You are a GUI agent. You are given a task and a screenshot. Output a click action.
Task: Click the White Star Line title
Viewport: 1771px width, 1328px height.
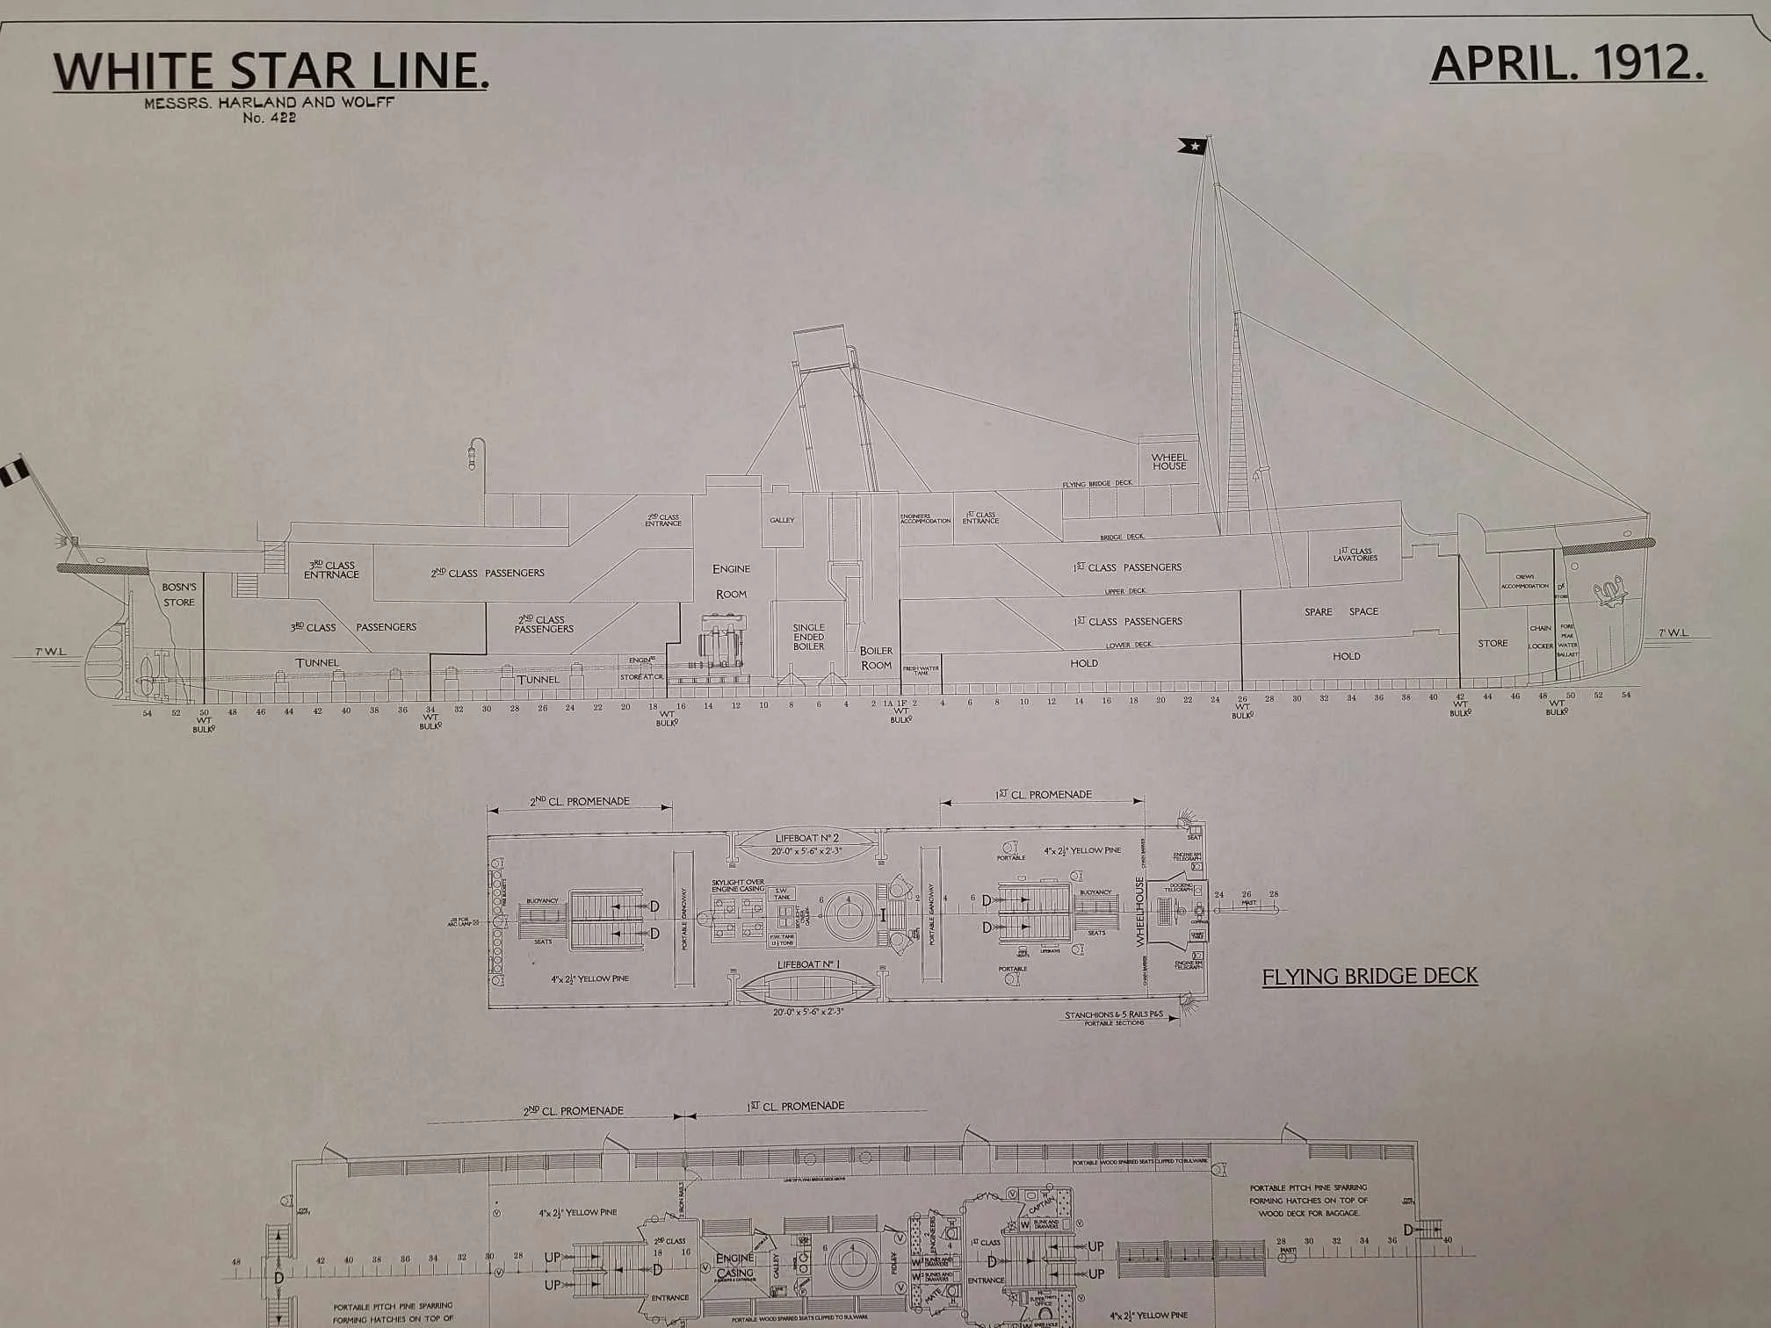tap(271, 70)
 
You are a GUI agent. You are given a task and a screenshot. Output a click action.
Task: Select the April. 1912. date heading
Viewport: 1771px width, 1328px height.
tap(1567, 64)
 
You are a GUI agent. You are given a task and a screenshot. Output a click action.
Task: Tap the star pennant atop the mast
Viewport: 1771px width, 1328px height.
tap(1193, 146)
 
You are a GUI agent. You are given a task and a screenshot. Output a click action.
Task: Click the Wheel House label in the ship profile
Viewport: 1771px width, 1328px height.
tap(1168, 461)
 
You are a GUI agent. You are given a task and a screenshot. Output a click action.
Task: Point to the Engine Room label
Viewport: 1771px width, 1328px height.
tap(731, 581)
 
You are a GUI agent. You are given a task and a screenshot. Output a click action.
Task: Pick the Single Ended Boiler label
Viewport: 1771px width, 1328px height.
tap(808, 637)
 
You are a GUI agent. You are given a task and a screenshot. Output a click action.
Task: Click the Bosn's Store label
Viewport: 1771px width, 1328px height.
tap(179, 594)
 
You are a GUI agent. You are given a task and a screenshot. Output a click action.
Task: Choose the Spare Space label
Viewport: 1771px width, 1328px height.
tap(1341, 611)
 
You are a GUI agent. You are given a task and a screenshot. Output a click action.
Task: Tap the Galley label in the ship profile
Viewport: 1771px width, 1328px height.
tap(782, 520)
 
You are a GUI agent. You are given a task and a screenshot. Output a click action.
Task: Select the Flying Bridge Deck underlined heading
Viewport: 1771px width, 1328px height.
tap(1370, 976)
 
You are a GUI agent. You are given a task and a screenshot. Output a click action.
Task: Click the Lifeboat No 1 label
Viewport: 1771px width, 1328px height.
tap(808, 964)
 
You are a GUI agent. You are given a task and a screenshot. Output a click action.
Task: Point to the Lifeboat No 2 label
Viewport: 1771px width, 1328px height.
tap(806, 838)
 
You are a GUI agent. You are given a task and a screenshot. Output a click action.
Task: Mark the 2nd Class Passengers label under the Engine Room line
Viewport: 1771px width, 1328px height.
tap(544, 624)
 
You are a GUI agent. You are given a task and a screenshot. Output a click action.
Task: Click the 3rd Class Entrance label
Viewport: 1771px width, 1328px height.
tap(331, 569)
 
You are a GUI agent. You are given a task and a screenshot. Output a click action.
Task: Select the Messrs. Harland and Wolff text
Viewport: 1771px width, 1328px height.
tap(270, 102)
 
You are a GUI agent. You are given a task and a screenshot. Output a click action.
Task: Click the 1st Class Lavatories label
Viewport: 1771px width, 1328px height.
tap(1355, 554)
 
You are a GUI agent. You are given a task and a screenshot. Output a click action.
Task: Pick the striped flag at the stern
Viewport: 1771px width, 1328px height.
tap(14, 473)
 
